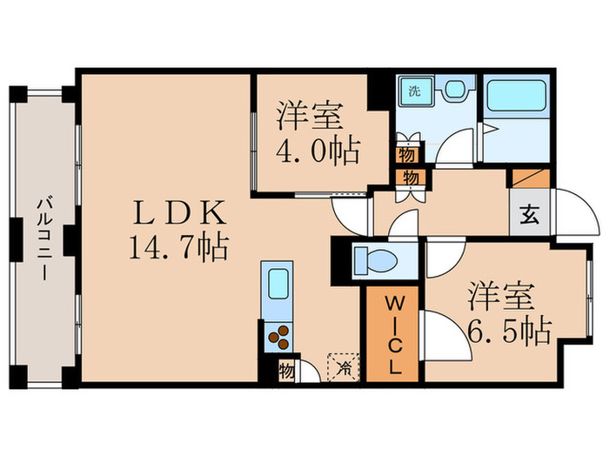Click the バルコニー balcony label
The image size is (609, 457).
[42, 236]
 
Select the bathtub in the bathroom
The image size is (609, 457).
[515, 96]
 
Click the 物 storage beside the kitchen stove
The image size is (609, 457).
[286, 371]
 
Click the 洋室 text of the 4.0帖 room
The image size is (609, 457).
[309, 116]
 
